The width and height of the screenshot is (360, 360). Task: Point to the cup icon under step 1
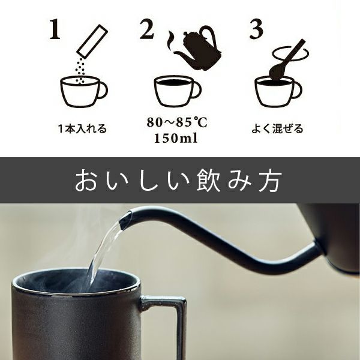(83, 91)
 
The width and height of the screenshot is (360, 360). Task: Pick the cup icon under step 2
(177, 91)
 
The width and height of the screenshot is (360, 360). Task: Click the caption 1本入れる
(83, 129)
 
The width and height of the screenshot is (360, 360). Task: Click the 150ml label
(176, 139)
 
